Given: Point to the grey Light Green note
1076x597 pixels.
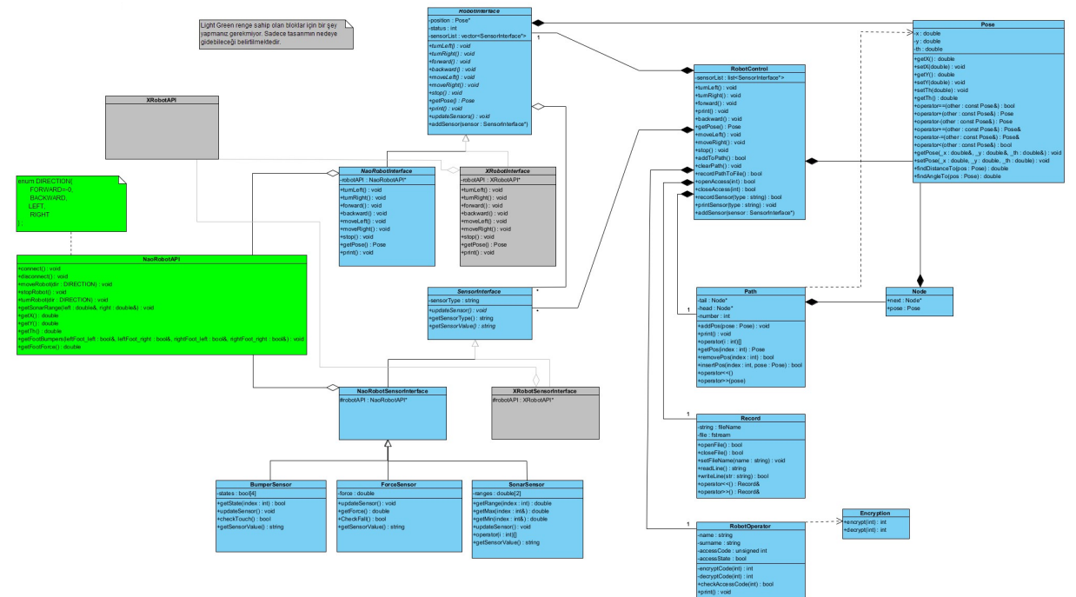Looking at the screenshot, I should coord(274,36).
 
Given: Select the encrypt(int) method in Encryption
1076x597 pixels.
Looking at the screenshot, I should coord(863,522).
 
